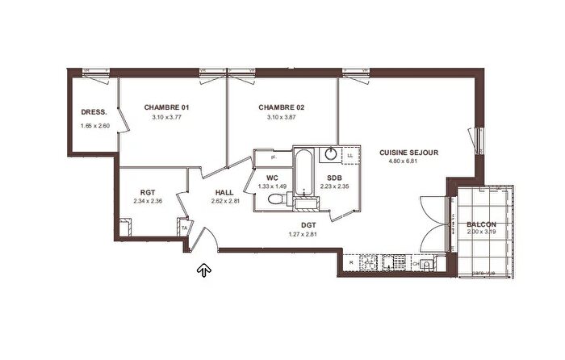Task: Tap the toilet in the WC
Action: pyautogui.click(x=276, y=199)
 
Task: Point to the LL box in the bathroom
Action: pyautogui.click(x=349, y=156)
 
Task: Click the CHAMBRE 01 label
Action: pyautogui.click(x=167, y=107)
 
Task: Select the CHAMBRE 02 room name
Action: pyautogui.click(x=281, y=107)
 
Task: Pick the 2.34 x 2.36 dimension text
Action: pyautogui.click(x=147, y=202)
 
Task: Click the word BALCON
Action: pyautogui.click(x=481, y=224)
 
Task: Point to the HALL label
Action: pyautogui.click(x=224, y=192)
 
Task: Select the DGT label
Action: pyautogui.click(x=308, y=225)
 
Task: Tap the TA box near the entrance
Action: pyautogui.click(x=184, y=229)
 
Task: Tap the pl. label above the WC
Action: pyautogui.click(x=274, y=158)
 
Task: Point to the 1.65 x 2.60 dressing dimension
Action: pyautogui.click(x=94, y=126)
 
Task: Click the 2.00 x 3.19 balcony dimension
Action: pyautogui.click(x=481, y=232)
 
